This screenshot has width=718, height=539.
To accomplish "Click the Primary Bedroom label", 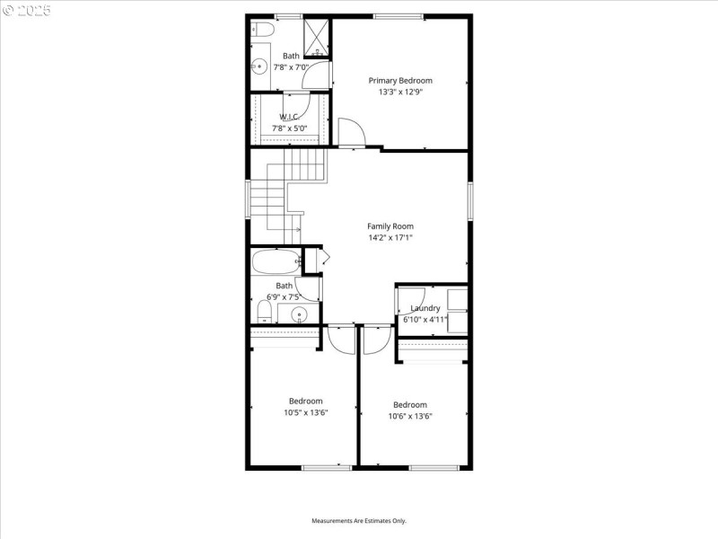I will point(400,80).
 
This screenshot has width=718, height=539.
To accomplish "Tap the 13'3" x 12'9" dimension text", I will point(400,91).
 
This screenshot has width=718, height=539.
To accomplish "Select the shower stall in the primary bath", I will point(316,36).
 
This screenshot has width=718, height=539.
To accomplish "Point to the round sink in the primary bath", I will point(258,65).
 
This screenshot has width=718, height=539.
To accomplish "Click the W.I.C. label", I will point(289,117).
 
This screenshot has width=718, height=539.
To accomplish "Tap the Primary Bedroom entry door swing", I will point(350,133).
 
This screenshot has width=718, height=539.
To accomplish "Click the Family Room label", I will point(390,226).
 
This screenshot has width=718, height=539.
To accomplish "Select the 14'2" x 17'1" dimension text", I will point(390,237).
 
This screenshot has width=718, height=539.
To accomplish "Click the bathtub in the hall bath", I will point(275,262).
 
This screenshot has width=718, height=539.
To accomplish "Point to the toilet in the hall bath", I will point(264,312).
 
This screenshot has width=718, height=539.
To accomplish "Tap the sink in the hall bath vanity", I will point(299,314).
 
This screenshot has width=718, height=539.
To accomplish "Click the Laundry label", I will point(425,307).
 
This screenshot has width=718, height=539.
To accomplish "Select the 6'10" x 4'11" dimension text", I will point(425,318).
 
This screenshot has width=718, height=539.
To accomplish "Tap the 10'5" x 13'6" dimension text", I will point(305,412).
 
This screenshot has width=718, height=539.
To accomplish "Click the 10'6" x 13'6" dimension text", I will point(410,416).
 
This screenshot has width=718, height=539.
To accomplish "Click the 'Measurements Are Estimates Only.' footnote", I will point(359,520).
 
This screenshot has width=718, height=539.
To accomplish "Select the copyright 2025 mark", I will point(27,11).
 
